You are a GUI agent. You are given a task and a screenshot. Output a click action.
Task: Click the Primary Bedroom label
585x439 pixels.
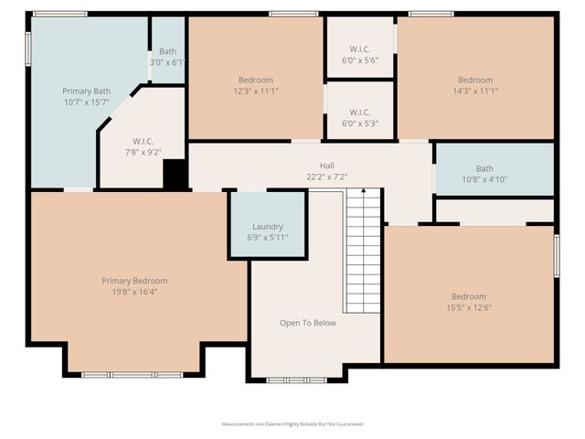click(134, 281)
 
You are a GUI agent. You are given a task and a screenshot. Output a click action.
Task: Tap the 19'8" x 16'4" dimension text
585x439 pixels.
click(134, 292)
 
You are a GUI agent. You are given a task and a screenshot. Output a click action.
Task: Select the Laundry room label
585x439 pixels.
click(267, 226)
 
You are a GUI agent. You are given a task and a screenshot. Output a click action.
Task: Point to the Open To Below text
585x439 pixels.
click(307, 323)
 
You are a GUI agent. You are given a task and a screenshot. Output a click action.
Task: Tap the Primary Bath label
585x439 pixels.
click(86, 91)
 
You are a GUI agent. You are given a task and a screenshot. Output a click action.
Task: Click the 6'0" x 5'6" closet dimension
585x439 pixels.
click(359, 59)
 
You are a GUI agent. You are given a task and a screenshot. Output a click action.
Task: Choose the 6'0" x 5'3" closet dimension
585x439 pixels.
click(359, 123)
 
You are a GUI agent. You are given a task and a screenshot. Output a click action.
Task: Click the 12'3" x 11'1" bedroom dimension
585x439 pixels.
click(256, 91)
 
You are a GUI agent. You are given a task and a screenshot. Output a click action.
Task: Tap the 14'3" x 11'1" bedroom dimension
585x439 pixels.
click(475, 91)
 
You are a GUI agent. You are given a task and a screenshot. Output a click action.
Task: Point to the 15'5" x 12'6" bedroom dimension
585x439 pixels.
click(469, 307)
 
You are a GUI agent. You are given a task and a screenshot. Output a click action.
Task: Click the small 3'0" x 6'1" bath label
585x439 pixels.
click(167, 62)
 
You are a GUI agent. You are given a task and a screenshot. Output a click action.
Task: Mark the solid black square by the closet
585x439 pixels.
click(175, 175)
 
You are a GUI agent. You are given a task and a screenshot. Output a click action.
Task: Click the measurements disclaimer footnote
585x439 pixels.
click(292, 424)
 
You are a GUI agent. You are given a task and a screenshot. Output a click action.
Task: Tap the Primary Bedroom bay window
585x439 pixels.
click(133, 374)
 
